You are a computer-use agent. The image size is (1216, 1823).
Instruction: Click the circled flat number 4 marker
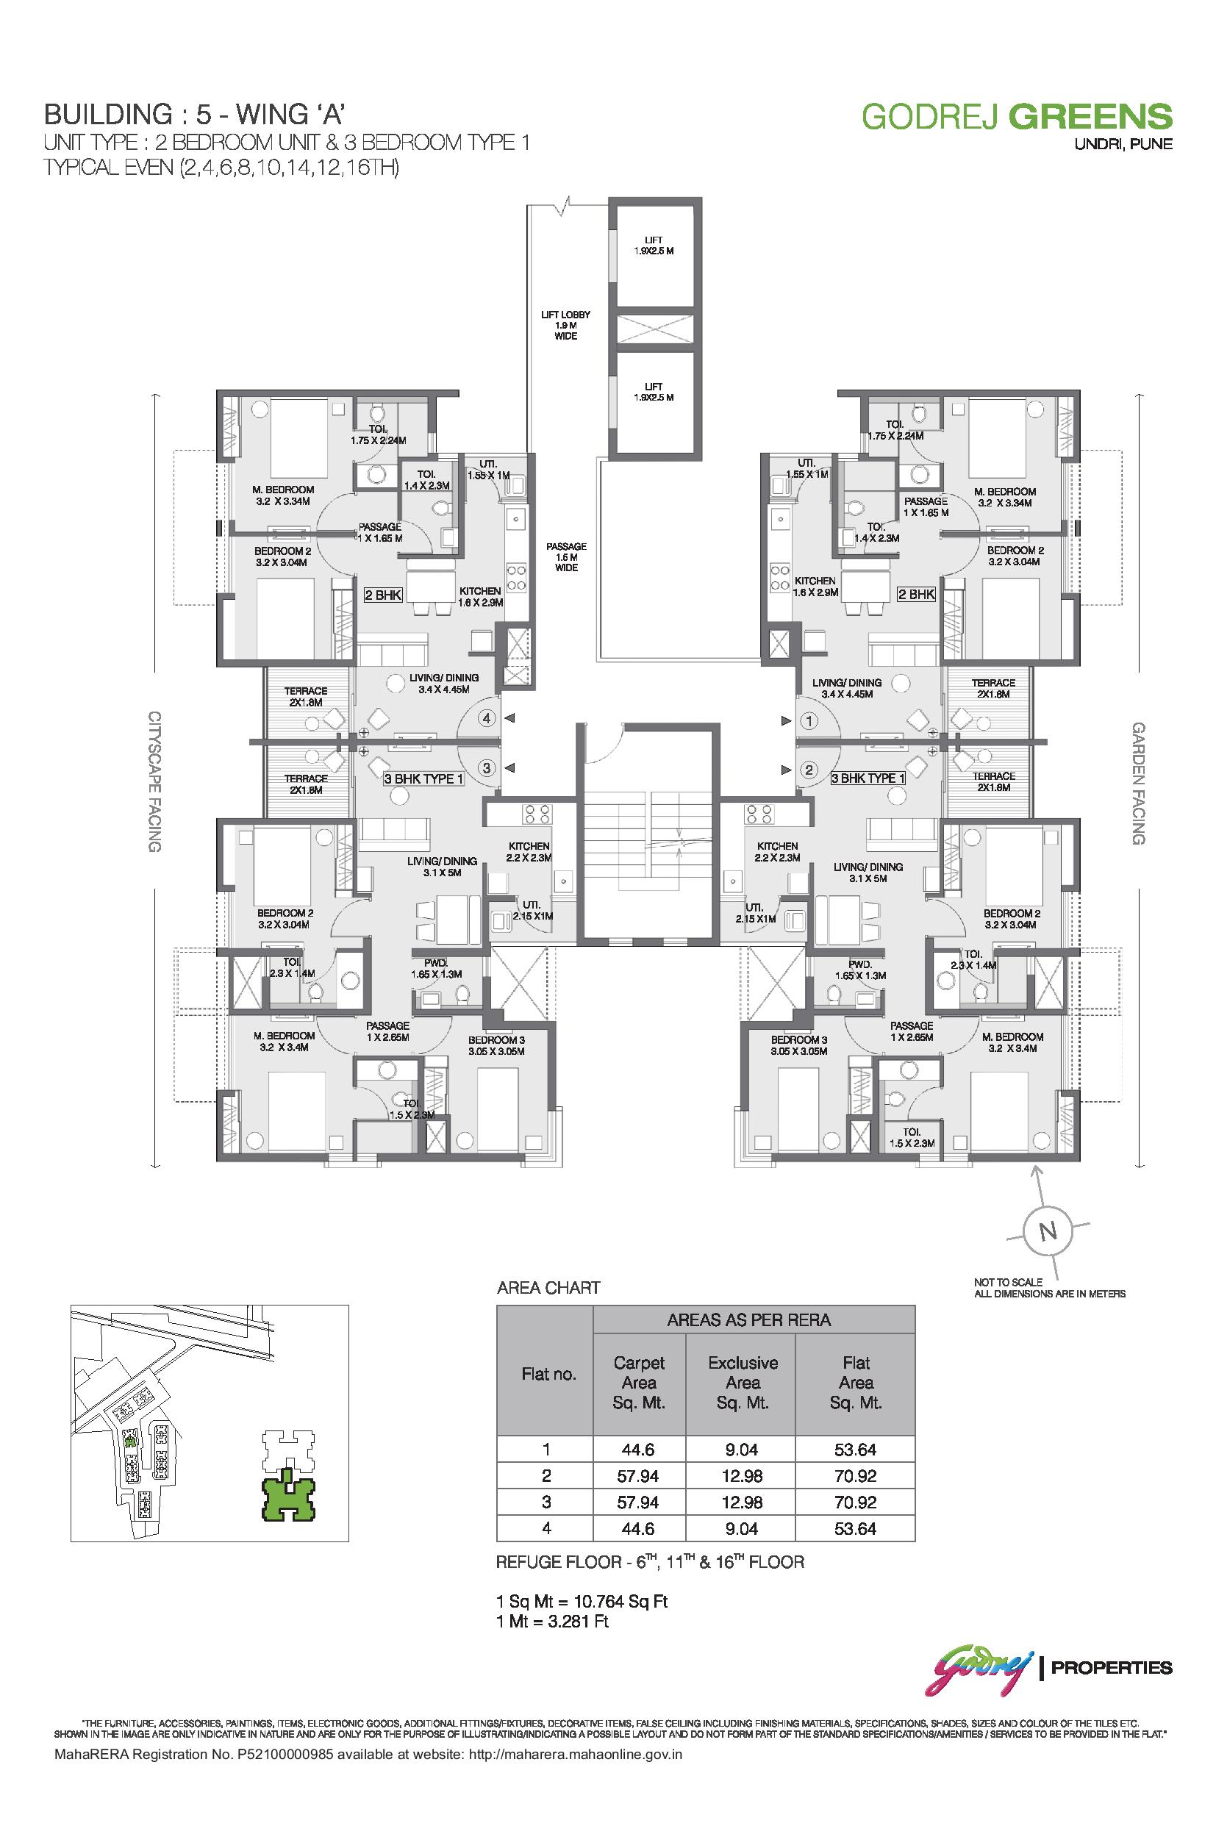click(x=487, y=719)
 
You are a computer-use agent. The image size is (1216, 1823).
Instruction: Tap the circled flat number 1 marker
click(x=809, y=722)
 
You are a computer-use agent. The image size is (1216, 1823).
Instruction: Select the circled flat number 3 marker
click(x=487, y=768)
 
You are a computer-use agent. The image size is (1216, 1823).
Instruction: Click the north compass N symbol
click(x=1048, y=1231)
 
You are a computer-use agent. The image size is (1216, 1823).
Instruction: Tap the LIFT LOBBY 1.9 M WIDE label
click(x=565, y=326)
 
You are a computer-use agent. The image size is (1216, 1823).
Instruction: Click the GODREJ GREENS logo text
click(x=1017, y=116)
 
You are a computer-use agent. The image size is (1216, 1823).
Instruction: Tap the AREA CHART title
click(x=548, y=1288)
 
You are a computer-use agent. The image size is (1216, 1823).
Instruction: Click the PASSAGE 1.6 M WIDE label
click(x=566, y=556)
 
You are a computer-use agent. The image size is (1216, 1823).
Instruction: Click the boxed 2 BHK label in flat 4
click(x=383, y=595)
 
